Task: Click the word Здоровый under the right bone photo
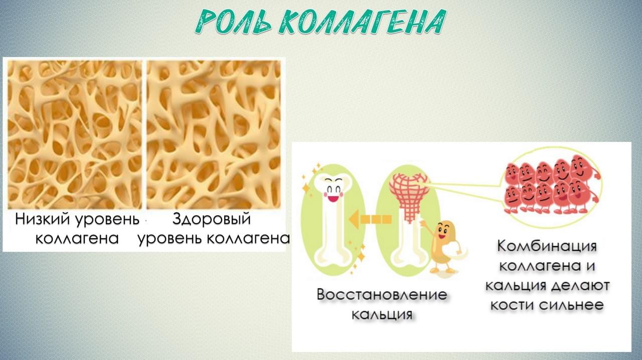[212, 220]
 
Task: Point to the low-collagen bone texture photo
[75, 135]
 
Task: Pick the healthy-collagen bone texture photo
[214, 135]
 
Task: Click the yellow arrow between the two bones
[370, 220]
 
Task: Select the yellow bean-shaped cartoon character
[443, 247]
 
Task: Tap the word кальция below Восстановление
[382, 315]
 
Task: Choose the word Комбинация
[547, 246]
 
